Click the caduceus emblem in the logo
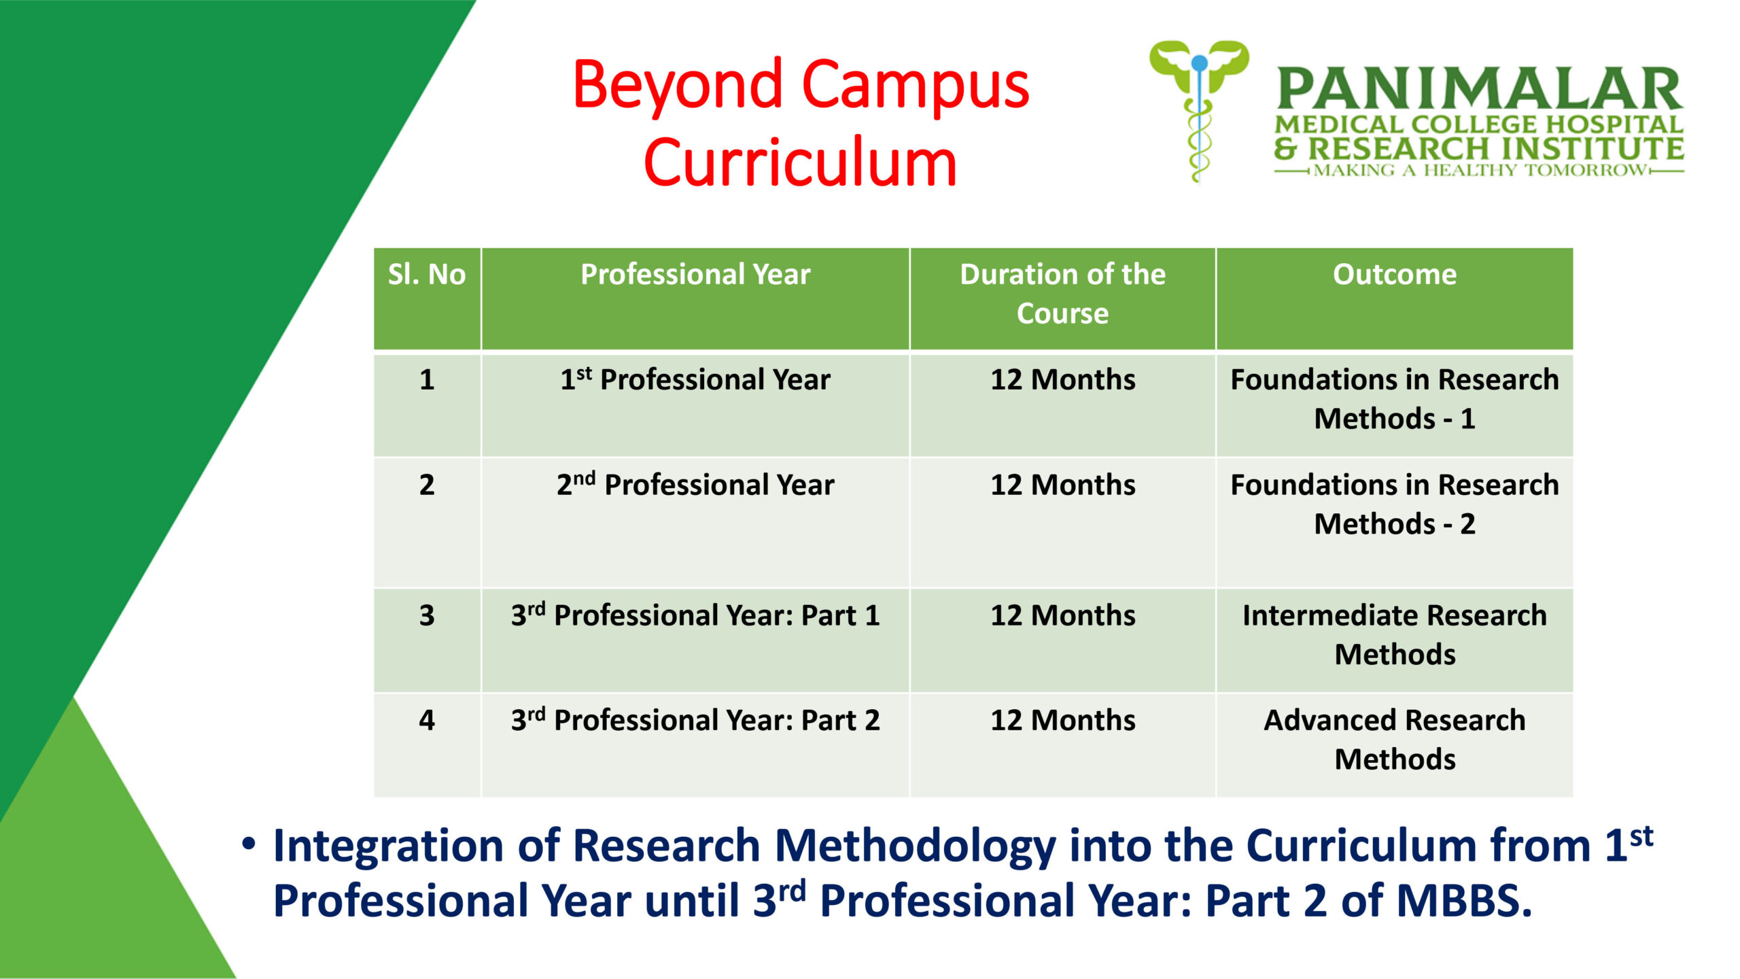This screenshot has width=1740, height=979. [1199, 111]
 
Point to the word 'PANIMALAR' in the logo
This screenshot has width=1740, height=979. [1480, 89]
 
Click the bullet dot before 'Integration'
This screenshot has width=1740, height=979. [249, 844]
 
